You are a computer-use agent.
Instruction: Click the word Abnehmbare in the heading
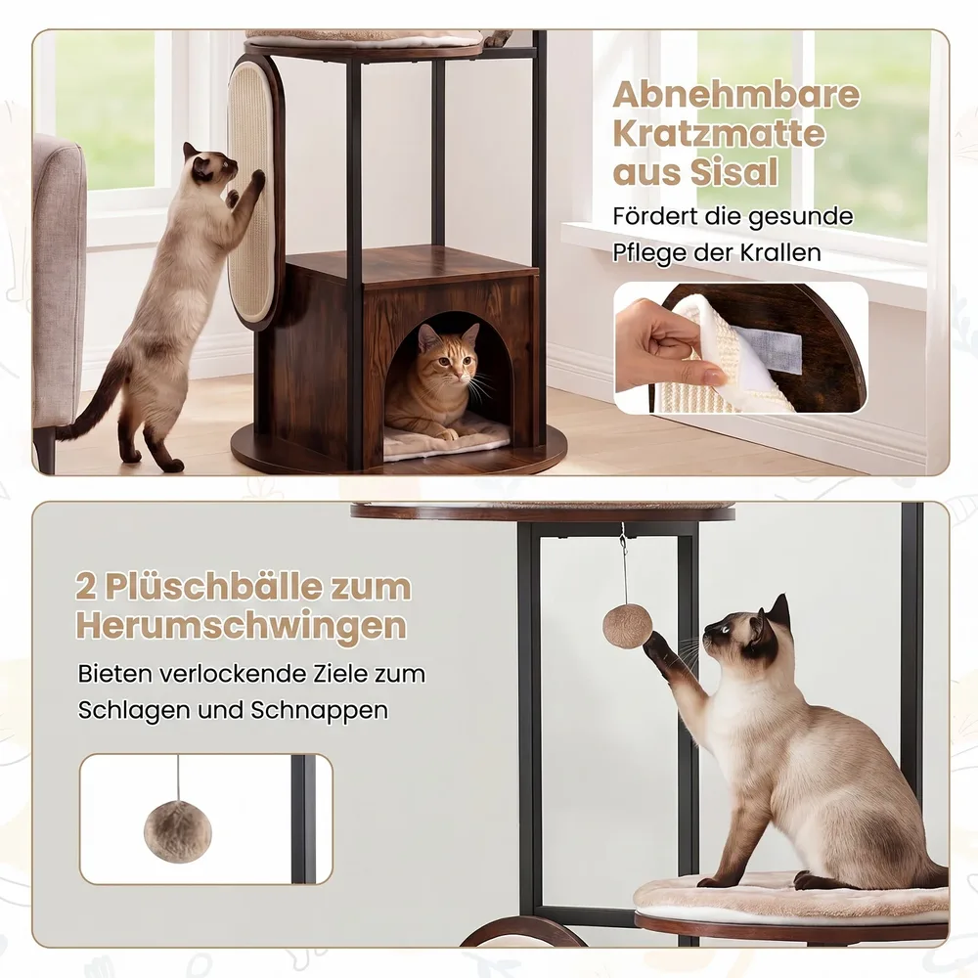(736, 96)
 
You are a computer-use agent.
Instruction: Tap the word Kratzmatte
(719, 134)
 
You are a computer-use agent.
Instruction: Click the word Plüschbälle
(258, 587)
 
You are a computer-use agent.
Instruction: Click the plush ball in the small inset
(178, 831)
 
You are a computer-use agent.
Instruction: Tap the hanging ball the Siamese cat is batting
(628, 626)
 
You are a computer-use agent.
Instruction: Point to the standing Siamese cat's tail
(91, 399)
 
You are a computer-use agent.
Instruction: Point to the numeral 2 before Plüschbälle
(87, 587)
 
